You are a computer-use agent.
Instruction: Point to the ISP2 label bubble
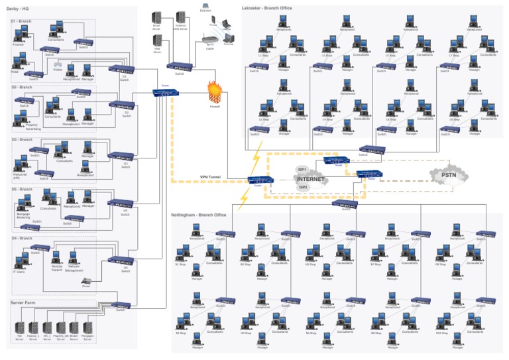[304, 188]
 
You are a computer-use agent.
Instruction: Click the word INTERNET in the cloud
[310, 179]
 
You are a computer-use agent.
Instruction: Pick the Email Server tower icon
[157, 18]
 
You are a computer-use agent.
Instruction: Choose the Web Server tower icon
[157, 42]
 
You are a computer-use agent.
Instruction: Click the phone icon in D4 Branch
[86, 281]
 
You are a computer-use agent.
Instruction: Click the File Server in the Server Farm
[19, 330]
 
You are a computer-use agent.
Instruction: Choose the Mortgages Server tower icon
[87, 330]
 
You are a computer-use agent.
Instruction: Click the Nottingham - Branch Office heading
[199, 215]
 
